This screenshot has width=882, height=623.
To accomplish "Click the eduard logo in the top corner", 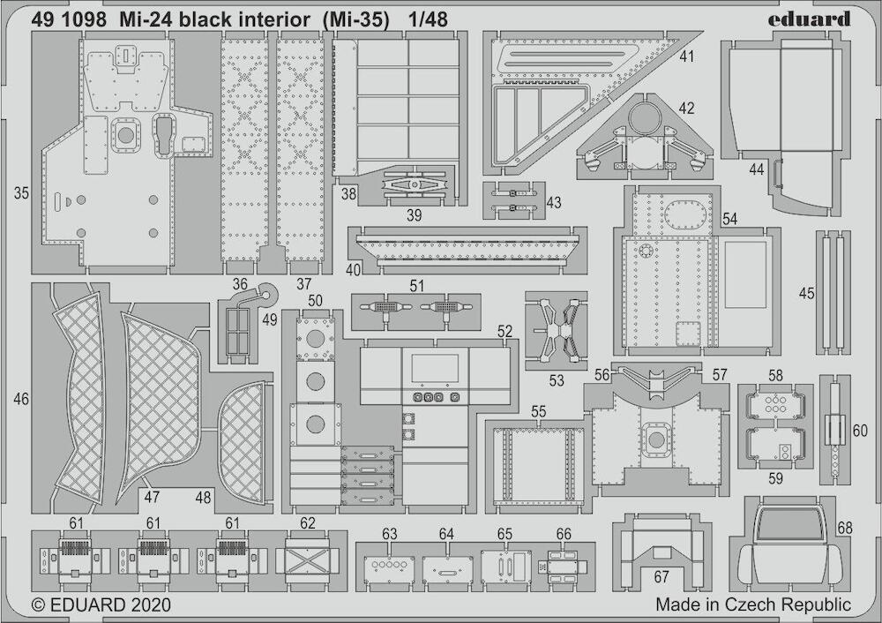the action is click(809, 19).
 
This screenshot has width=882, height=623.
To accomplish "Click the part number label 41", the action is click(687, 56).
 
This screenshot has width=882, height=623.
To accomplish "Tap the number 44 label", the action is click(757, 169).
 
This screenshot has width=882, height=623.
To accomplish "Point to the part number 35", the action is click(21, 193).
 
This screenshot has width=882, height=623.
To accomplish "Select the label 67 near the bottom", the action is click(661, 577).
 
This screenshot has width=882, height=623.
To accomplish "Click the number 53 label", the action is click(557, 381).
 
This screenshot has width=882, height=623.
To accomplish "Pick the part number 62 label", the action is click(308, 523).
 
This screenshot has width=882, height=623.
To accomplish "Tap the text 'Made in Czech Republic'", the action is click(753, 605).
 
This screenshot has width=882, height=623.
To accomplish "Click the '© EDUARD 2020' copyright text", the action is click(101, 605).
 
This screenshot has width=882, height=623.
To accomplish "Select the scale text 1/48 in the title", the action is click(429, 19).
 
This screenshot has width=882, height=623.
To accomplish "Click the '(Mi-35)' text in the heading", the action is click(356, 20).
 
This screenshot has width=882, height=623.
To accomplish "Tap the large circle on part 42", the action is click(647, 119).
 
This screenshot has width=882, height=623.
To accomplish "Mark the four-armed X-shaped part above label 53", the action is click(557, 330).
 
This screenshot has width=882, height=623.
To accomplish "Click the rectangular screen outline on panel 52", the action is click(434, 368).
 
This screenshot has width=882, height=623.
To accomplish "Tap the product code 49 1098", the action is click(69, 19).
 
